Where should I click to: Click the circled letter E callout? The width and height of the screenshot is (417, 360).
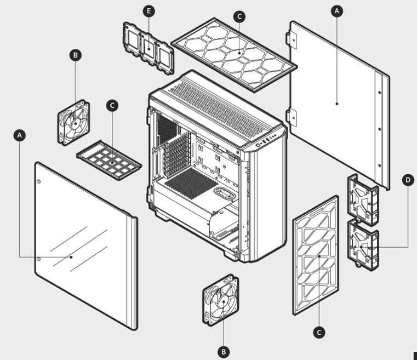tap(148, 11)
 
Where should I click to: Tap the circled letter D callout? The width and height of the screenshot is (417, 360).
tap(408, 180)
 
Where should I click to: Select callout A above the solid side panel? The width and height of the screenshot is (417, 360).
tap(337, 11)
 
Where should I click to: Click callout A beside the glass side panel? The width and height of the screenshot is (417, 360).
tap(19, 135)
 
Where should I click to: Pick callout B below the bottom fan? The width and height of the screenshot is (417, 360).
tap(224, 352)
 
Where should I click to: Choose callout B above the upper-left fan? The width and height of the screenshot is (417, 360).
tap(76, 55)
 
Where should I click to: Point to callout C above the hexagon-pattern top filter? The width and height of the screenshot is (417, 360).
tap(239, 17)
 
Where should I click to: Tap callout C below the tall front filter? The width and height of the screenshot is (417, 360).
tap(319, 333)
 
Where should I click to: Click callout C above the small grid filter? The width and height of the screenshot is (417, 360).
tap(112, 106)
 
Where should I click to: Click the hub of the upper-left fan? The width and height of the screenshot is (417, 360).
tap(76, 123)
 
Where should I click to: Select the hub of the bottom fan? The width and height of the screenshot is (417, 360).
tap(224, 301)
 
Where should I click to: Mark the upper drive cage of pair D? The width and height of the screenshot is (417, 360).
tap(363, 200)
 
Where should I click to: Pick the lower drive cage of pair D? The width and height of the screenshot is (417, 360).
tap(363, 245)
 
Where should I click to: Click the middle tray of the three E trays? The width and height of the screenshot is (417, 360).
tap(148, 49)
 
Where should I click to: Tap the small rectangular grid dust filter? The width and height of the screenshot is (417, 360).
tap(109, 160)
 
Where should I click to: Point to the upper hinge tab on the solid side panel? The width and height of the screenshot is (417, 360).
tap(292, 39)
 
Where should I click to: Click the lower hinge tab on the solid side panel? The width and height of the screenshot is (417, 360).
tap(292, 117)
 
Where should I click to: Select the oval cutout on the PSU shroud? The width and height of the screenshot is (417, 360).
tap(225, 193)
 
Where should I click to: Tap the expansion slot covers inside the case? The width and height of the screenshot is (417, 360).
tap(177, 155)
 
